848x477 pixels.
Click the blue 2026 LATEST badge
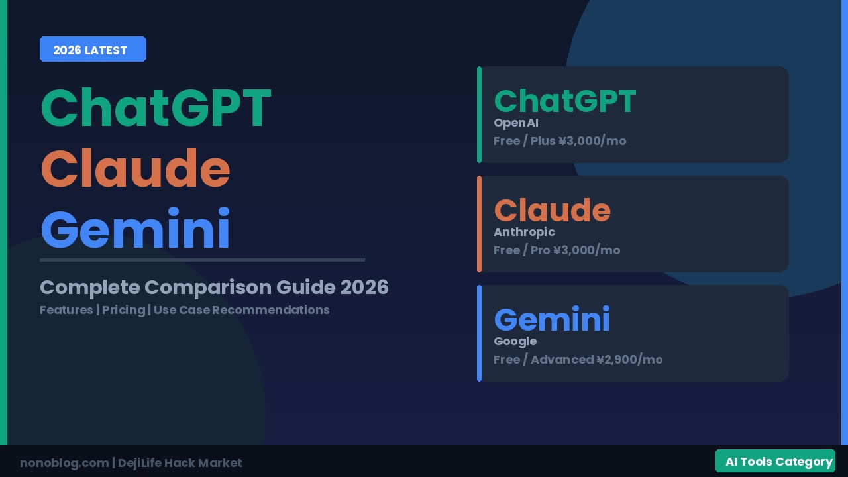[x=93, y=49]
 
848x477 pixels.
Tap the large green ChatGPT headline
[x=156, y=107]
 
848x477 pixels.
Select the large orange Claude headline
[x=136, y=168]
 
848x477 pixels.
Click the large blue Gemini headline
[x=136, y=229]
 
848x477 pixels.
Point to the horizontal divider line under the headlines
[x=202, y=260]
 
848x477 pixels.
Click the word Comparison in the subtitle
[x=208, y=288]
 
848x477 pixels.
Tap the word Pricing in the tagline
[x=123, y=310]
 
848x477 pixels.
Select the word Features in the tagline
[x=66, y=310]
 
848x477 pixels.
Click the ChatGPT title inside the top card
[x=565, y=101]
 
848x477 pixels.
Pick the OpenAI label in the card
[x=516, y=123]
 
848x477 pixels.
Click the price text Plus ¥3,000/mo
[x=578, y=141]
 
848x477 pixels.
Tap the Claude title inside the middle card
[x=553, y=210]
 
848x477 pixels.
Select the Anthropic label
[x=524, y=232]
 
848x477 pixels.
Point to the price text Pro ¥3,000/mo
[x=576, y=250]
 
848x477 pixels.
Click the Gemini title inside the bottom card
[x=553, y=319]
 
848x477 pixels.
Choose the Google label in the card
[x=515, y=341]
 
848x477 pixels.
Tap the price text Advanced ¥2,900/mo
[x=597, y=360]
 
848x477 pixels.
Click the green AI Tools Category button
[x=775, y=461]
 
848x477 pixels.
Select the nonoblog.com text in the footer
[x=64, y=463]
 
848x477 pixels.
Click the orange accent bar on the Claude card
[x=479, y=224]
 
